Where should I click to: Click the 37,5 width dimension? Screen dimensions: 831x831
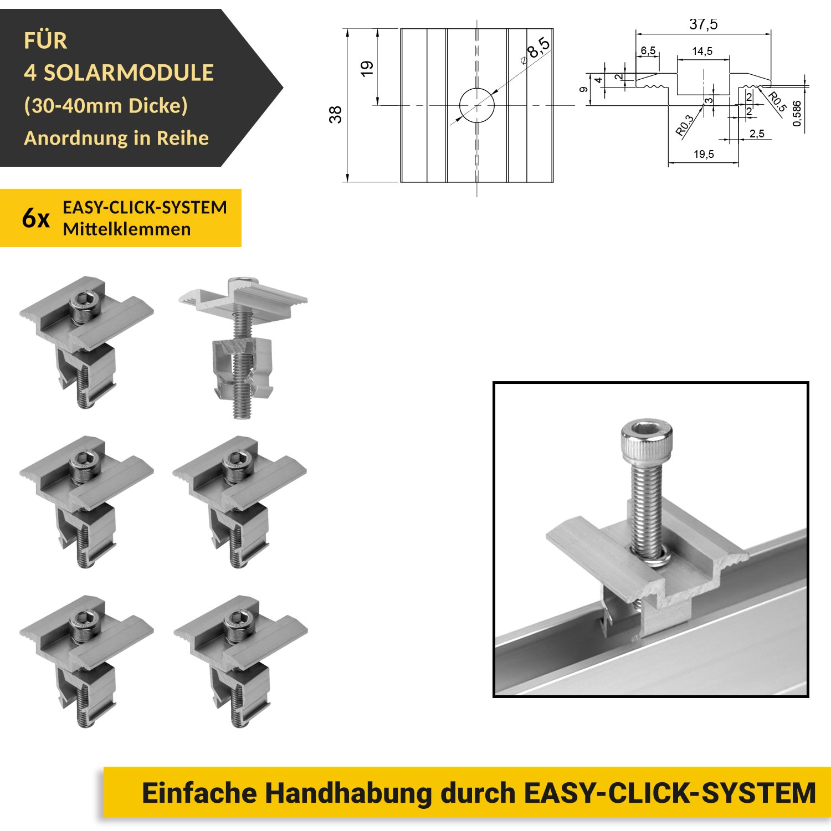703,24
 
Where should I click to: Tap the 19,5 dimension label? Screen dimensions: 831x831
704,154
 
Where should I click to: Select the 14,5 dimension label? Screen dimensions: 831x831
702,52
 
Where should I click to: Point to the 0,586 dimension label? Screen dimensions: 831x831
797,114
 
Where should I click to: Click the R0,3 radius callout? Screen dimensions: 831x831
685,125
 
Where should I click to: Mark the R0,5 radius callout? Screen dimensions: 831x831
777,102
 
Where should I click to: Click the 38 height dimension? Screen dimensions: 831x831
335,115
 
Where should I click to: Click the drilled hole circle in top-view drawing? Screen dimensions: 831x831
477,105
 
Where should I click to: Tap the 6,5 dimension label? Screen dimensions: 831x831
648,51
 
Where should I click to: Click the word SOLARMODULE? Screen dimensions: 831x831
129,73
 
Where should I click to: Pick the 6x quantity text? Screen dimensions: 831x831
36,218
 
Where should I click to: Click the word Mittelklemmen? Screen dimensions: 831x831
127,229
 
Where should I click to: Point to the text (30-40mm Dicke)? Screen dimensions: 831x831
106,105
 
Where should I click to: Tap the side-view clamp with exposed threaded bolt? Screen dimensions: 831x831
243,347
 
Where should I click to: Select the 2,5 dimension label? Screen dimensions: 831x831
757,134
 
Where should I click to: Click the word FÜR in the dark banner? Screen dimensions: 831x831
45,40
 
